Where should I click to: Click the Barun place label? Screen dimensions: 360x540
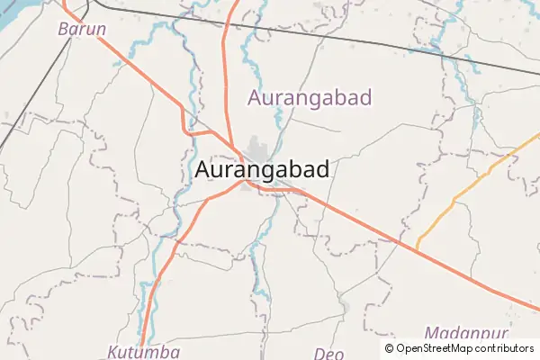(x=82, y=29)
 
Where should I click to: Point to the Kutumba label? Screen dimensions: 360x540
(x=144, y=351)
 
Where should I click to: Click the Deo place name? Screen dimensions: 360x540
(x=328, y=353)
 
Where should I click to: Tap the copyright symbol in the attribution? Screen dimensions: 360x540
(x=389, y=348)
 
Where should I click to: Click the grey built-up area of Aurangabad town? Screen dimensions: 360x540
(x=259, y=149)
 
